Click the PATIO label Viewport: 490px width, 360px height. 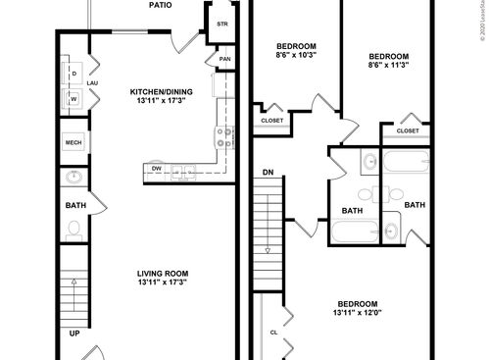tap(162, 5)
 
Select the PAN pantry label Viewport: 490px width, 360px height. tap(224, 59)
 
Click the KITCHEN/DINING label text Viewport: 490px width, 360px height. tap(162, 92)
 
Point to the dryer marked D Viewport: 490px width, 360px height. tap(73, 74)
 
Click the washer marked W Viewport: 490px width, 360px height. tap(73, 99)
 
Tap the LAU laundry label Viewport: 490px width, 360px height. tap(92, 83)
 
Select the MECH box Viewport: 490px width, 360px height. tap(73, 143)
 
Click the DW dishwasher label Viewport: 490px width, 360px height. tap(157, 169)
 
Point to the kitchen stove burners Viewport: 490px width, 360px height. tap(224, 136)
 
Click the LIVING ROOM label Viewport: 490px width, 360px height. tap(162, 274)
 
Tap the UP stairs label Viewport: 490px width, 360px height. tap(74, 334)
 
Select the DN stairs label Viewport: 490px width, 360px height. tap(267, 173)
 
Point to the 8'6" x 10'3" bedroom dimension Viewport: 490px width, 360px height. tap(295, 55)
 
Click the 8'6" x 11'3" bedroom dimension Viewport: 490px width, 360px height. tap(387, 66)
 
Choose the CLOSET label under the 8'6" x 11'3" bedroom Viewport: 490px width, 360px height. tap(408, 130)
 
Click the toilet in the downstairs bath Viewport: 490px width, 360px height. tap(74, 230)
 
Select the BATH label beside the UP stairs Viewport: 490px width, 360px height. tap(74, 206)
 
